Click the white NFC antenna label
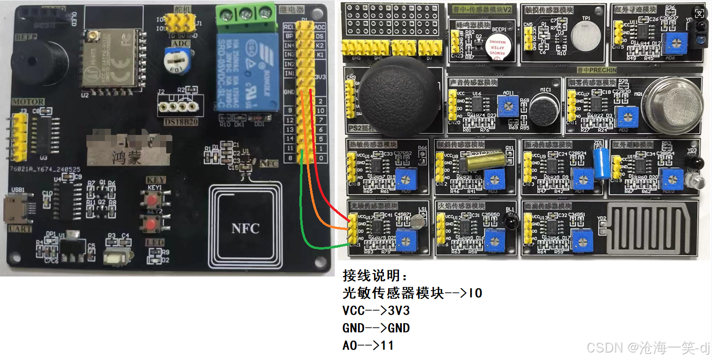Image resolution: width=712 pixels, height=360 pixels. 246,228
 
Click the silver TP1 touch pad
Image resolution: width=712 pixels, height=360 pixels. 585,37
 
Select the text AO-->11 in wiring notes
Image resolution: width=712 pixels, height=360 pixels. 368,346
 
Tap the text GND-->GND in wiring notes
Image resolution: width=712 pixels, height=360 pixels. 376,328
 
